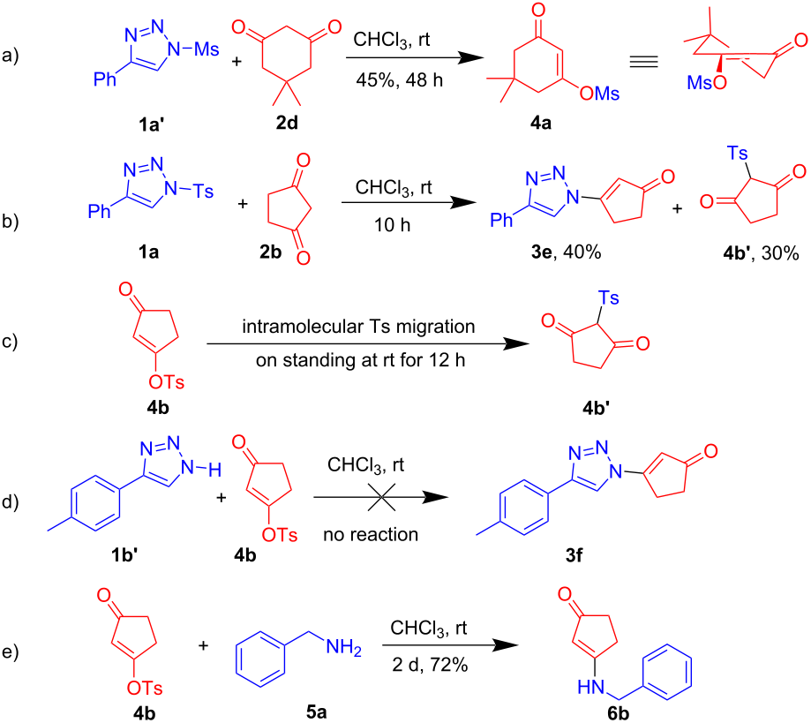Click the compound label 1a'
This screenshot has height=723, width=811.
(x=151, y=124)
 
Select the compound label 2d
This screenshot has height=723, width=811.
(x=287, y=123)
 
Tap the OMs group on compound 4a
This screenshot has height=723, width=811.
(x=599, y=94)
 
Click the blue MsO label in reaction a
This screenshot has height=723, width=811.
(x=707, y=82)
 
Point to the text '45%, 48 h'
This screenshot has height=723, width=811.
(x=399, y=79)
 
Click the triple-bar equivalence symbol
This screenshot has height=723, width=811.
(x=643, y=62)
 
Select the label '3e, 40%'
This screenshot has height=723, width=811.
(x=566, y=252)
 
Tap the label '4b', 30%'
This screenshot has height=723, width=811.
(x=761, y=252)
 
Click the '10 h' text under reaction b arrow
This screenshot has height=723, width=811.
(x=392, y=224)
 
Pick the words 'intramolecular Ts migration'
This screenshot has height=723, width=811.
(x=358, y=327)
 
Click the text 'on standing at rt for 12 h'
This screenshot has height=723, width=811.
(x=361, y=359)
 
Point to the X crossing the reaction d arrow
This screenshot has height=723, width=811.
(x=382, y=497)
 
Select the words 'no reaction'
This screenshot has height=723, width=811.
(x=371, y=534)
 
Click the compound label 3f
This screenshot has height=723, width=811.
(x=574, y=555)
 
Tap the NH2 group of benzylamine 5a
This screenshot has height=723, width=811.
(x=343, y=647)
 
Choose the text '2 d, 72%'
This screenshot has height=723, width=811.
(x=429, y=665)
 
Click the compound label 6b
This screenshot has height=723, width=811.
(x=619, y=713)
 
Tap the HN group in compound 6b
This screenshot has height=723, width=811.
(x=590, y=687)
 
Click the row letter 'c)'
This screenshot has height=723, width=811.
(x=10, y=342)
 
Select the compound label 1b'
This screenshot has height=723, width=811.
(x=124, y=554)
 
